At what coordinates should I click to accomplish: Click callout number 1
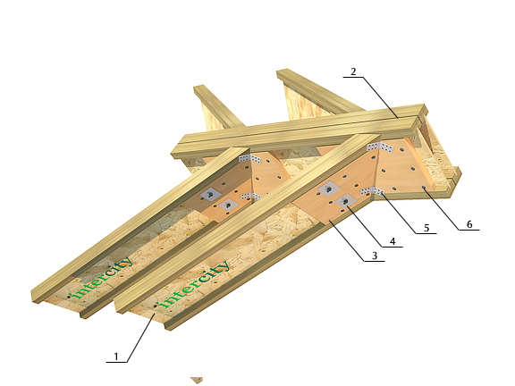click(x=116, y=357)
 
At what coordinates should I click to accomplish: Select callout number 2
click(x=353, y=71)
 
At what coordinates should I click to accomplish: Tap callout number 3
click(x=375, y=256)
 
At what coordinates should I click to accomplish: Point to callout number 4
click(x=393, y=241)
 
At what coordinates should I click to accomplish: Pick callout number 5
click(x=426, y=228)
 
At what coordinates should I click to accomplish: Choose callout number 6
click(x=469, y=224)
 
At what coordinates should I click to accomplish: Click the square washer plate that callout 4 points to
click(x=344, y=201)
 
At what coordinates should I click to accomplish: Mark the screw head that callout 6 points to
click(x=424, y=188)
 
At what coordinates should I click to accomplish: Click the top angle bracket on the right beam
click(x=380, y=147)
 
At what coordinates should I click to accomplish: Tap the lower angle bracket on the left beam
click(x=251, y=197)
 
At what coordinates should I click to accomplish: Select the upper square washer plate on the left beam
click(x=209, y=195)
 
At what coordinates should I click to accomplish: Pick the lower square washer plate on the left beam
click(x=228, y=206)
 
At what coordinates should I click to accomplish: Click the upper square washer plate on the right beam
click(x=328, y=189)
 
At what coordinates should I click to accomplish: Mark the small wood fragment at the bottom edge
click(x=197, y=381)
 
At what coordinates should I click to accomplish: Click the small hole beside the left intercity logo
click(x=70, y=297)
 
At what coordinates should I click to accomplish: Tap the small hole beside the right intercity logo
click(x=155, y=306)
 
